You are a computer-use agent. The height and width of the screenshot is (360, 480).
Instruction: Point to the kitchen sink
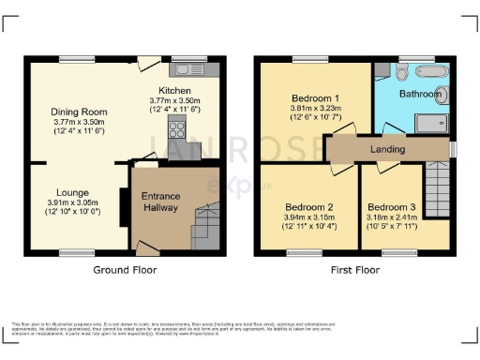coord(195,68)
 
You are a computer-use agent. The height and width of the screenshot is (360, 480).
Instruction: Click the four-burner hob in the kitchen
coord(175,129)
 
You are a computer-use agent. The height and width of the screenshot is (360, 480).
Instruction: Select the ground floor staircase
coord(204,227)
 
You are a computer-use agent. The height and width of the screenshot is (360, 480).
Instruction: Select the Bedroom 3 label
coord(390,206)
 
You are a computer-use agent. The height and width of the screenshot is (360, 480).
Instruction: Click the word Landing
coord(386,149)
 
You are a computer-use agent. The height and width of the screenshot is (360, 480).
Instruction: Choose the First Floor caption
coord(354,270)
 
